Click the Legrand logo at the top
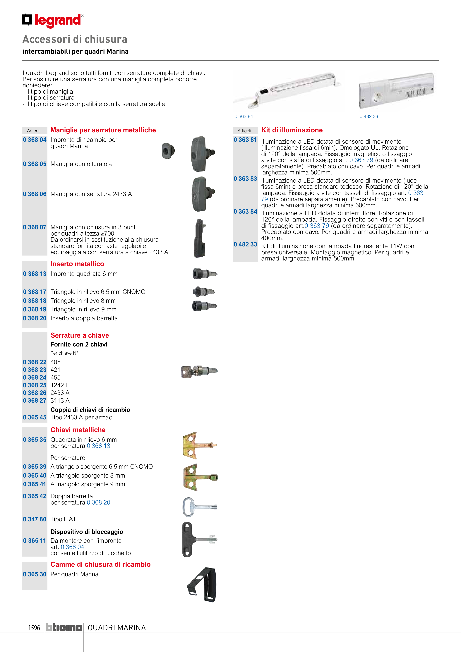tap(53, 20)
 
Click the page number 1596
tap(34, 628)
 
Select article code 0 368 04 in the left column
tap(35, 140)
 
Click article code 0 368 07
tap(35, 227)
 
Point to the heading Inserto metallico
tap(77, 264)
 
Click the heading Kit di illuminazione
tap(292, 130)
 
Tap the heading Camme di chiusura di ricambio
tap(100, 564)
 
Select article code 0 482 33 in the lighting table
tap(245, 244)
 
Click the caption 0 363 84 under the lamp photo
tap(244, 116)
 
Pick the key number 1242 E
tap(60, 385)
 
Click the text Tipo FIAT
tap(63, 519)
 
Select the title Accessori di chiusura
tap(75, 39)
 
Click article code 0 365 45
tap(35, 417)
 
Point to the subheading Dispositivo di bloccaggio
tap(87, 532)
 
